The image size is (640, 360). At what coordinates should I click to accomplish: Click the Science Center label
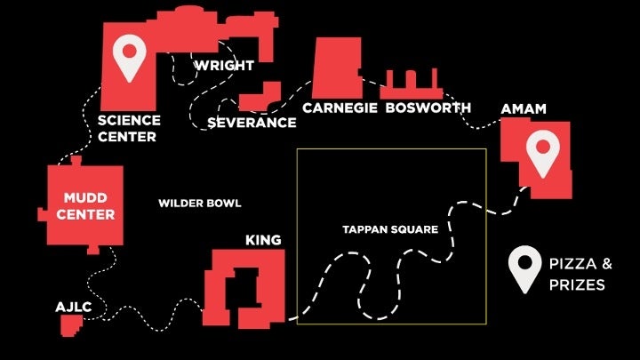129,128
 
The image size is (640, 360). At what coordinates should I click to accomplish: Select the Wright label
224,66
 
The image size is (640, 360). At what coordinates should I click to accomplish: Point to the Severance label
252,122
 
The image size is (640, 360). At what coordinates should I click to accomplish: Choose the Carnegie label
339,108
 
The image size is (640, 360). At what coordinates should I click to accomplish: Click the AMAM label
523,108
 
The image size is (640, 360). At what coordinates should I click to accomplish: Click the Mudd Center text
88,205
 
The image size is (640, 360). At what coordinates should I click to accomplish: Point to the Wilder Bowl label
200,204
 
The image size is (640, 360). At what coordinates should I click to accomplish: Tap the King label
263,240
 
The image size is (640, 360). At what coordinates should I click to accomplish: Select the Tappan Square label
390,229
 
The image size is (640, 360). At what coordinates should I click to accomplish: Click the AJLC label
74,307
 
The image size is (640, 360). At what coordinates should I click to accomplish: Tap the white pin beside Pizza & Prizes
524,268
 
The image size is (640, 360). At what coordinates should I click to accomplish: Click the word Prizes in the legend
577,285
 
